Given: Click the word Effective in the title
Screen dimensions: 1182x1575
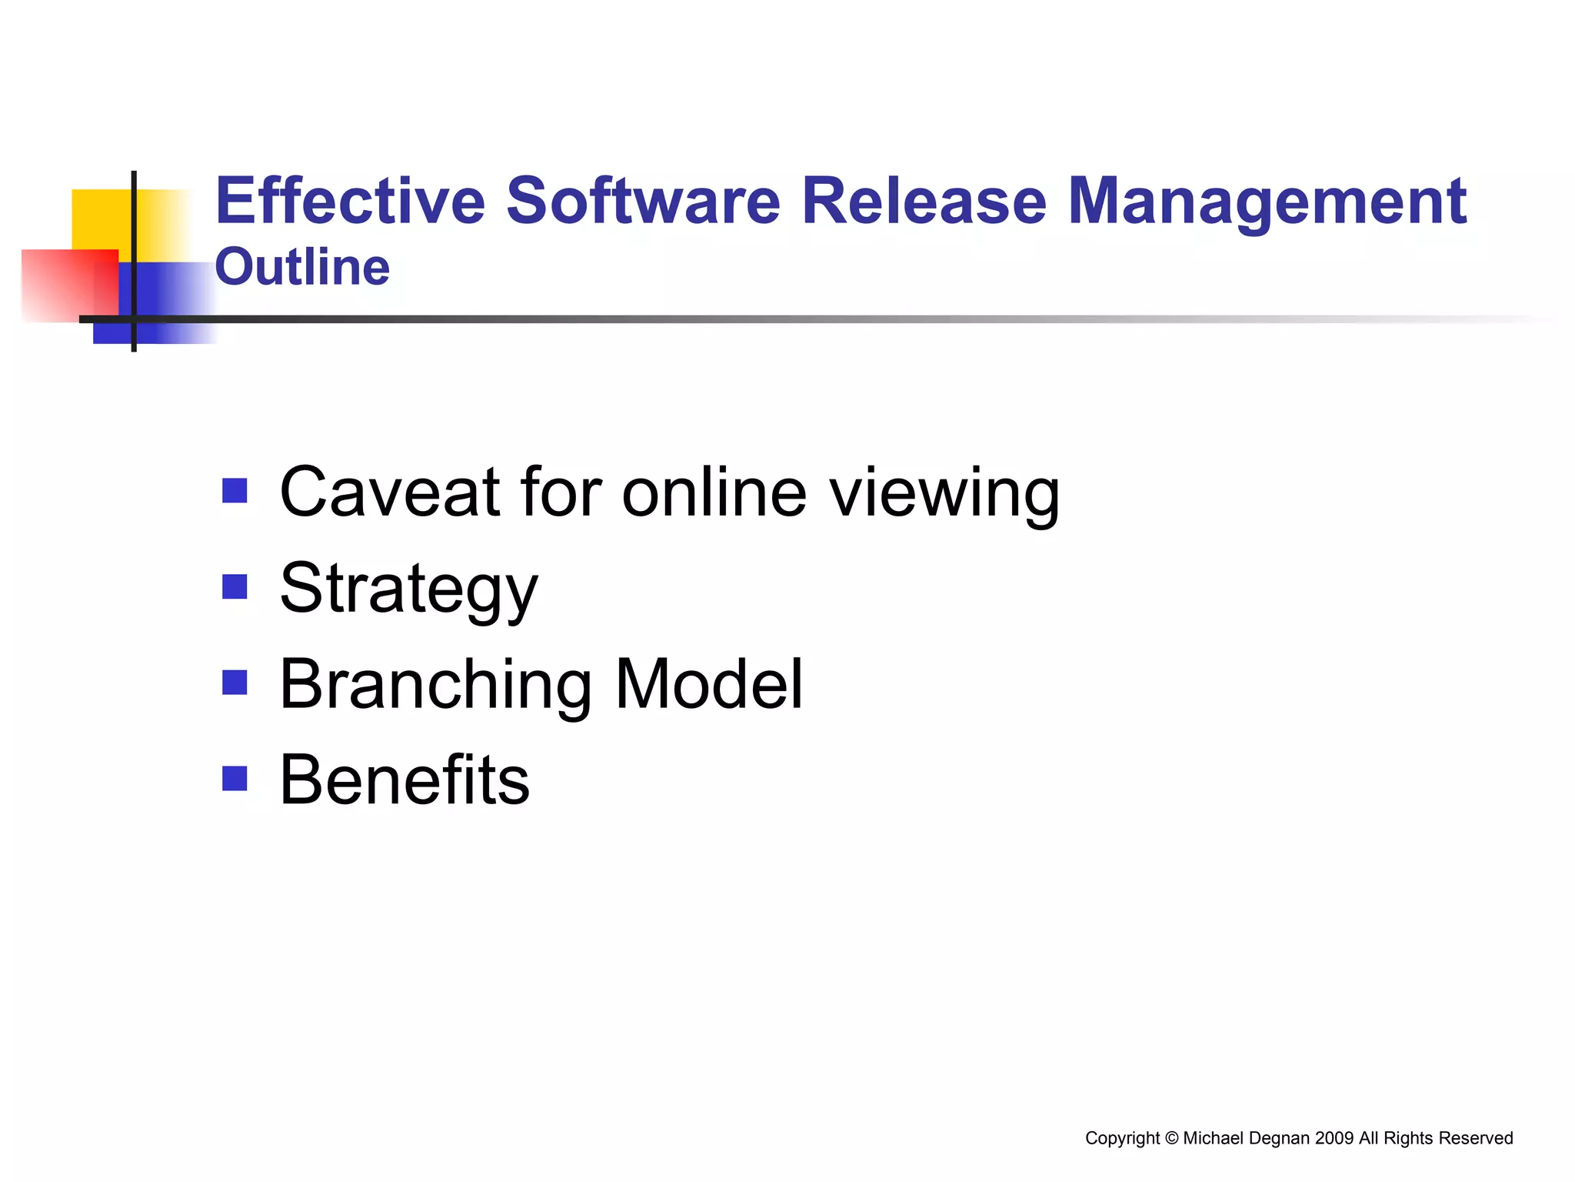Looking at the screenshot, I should tap(350, 202).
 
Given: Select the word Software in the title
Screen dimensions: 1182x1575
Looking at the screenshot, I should tap(643, 202).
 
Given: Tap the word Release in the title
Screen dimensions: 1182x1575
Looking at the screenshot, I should tap(924, 202).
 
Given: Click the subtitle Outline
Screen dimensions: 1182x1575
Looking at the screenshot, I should tap(302, 267).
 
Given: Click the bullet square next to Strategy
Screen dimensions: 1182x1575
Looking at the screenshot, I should tap(235, 586).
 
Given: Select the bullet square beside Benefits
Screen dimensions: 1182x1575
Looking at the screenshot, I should tap(235, 778).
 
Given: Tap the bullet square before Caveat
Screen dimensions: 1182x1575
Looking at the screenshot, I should tap(235, 490).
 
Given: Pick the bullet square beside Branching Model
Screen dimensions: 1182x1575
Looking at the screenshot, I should tap(235, 682).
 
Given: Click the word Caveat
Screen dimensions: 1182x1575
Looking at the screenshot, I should tap(390, 492).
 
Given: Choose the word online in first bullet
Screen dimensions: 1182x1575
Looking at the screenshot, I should tap(714, 492).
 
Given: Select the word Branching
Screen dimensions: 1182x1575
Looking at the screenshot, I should tap(435, 686).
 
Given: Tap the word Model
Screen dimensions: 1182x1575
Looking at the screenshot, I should tap(708, 684).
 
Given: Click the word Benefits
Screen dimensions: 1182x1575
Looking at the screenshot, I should tap(405, 780).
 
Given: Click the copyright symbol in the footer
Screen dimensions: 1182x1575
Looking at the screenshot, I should tap(1171, 1138).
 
